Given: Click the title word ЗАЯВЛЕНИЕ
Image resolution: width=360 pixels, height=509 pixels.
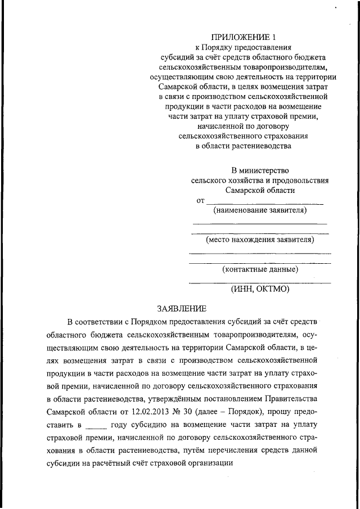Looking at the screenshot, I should coord(182,308).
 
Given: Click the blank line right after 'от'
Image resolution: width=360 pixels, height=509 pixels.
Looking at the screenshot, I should coord(264,201).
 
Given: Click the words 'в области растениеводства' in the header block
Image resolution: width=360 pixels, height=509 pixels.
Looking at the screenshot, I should coord(244,146).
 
